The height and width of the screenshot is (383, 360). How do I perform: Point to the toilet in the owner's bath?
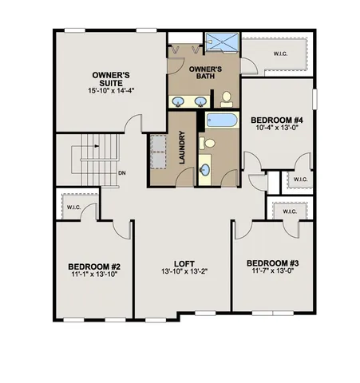[226, 98]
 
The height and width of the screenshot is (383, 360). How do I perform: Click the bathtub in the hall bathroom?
[220, 121]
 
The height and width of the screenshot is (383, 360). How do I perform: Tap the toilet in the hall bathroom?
[208, 144]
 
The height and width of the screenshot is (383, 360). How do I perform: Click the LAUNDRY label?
[182, 148]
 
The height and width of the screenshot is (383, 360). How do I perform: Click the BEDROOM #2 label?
[93, 266]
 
